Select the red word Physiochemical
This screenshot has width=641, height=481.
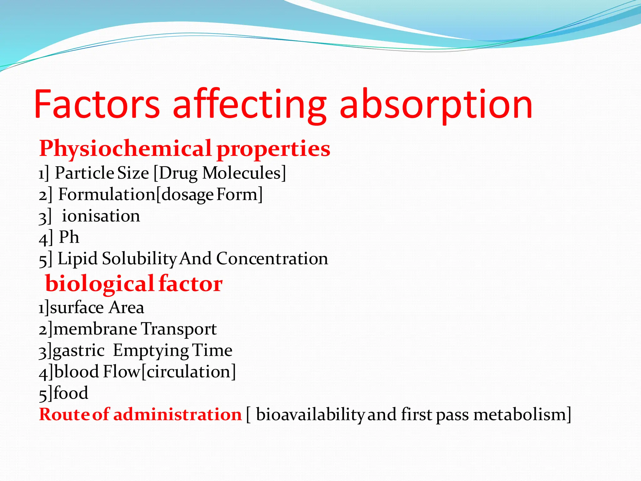coord(126,148)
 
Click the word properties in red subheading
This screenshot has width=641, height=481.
coord(273,149)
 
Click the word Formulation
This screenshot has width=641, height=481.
coord(107,194)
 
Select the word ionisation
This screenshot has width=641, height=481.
coord(101,216)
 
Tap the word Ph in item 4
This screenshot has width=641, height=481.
coord(69,237)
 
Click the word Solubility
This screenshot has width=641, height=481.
coord(140,259)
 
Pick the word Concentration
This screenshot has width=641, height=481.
coord(272,259)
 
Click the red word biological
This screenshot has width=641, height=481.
coord(100,284)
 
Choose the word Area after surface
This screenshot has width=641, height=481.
coord(126,308)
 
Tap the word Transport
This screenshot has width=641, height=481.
coord(179,329)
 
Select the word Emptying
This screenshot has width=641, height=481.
coord(151,350)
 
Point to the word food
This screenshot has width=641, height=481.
coord(71,393)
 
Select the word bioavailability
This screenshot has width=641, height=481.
coord(310,415)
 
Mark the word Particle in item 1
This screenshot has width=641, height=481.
coord(84,173)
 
